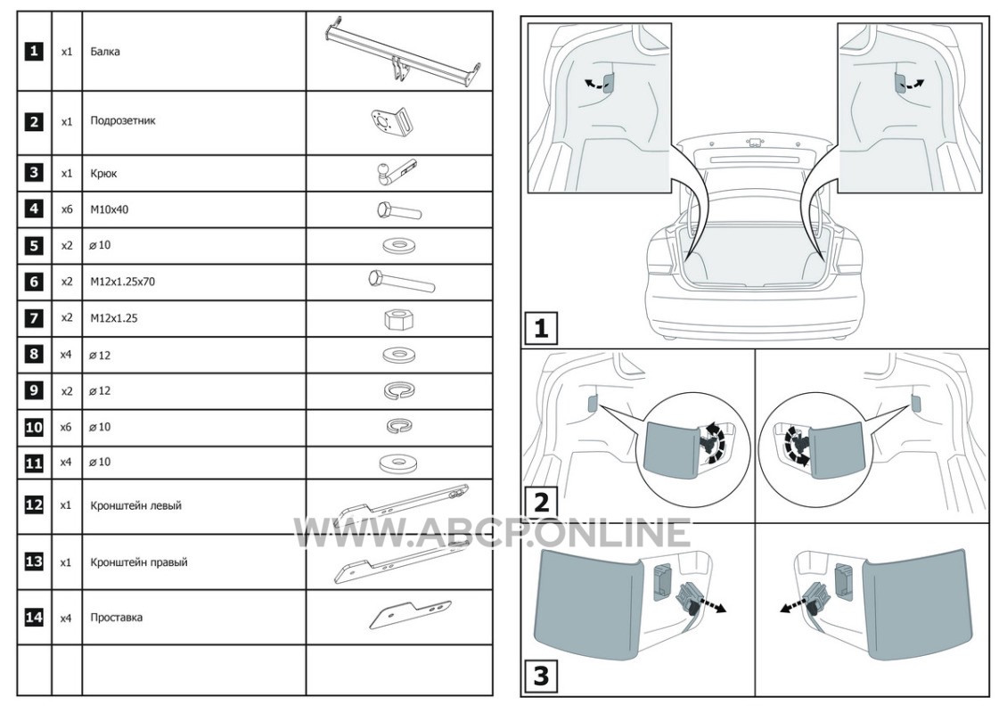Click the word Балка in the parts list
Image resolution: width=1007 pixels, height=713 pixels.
click(105, 52)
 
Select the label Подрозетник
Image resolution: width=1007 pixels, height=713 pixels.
click(123, 120)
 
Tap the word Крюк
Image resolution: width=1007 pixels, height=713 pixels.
click(104, 174)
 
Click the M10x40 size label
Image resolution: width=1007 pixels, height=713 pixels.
click(110, 209)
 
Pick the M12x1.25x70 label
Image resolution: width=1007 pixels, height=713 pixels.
click(123, 282)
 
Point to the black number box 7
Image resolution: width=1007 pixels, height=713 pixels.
click(33, 318)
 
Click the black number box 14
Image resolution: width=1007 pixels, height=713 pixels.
click(33, 618)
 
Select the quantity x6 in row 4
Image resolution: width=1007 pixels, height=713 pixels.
click(67, 209)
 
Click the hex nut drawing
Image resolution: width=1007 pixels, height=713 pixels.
click(398, 318)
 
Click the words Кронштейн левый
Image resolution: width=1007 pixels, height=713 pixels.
click(136, 505)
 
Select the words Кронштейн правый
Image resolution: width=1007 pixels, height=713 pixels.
click(139, 562)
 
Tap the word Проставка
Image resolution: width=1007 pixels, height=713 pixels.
click(117, 618)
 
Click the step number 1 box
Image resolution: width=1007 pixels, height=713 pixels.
click(541, 328)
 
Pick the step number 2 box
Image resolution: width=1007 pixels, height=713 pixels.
click(541, 500)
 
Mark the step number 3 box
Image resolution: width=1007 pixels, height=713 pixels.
click(541, 676)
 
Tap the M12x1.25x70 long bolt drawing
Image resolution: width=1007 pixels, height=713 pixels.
click(401, 281)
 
